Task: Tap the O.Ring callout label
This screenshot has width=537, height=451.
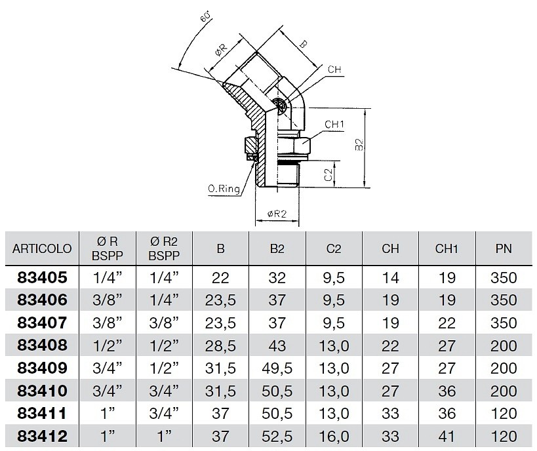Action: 224,188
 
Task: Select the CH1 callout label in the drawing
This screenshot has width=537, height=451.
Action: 334,125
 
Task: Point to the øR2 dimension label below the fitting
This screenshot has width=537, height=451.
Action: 277,214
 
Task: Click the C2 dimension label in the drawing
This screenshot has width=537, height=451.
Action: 328,174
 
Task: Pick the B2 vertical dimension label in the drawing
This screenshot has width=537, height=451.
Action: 359,144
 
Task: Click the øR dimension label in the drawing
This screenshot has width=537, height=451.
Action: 221,50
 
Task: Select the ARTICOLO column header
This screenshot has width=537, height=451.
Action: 42,248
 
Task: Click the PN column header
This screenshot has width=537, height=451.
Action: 504,248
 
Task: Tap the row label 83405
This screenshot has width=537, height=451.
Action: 42,277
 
